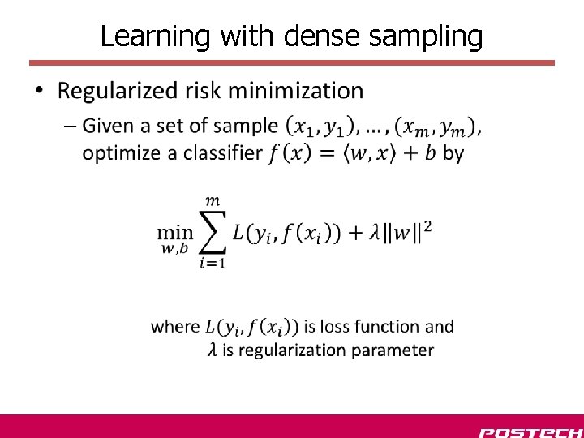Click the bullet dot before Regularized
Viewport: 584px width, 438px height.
pos(41,90)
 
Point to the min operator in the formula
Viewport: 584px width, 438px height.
pos(174,232)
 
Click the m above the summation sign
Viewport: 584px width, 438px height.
pos(212,200)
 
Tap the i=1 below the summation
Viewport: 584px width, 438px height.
pos(212,264)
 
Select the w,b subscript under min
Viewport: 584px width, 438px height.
pos(174,249)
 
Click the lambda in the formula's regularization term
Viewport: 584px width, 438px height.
pos(374,233)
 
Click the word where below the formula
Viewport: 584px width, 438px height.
pos(175,327)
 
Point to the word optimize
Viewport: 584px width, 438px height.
pos(115,153)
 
